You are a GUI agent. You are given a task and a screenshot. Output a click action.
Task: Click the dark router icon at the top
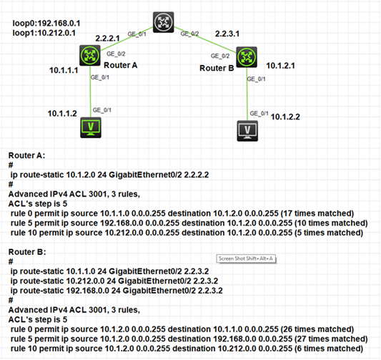(x=163, y=22)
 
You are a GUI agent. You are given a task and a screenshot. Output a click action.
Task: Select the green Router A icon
(x=90, y=55)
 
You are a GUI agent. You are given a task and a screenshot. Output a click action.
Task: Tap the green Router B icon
(x=247, y=57)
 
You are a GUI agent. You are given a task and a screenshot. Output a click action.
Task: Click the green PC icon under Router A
(x=91, y=127)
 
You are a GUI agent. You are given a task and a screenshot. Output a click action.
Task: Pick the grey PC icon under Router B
(x=247, y=131)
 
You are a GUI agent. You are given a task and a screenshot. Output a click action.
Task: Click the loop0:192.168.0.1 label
(x=46, y=24)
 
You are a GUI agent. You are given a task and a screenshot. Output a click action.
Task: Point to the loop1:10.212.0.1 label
(x=44, y=33)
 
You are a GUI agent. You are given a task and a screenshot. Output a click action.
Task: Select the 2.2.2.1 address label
(x=107, y=38)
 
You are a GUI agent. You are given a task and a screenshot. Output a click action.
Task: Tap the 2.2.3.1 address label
(x=227, y=34)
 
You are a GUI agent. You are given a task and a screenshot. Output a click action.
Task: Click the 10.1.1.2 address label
(x=62, y=113)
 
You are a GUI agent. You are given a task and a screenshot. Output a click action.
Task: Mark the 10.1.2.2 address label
(x=285, y=117)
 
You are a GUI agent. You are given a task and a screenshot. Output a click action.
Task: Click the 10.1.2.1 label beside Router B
(x=281, y=66)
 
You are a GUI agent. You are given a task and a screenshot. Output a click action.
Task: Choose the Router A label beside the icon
(x=121, y=65)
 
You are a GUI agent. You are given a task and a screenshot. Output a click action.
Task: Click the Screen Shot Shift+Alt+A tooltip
(x=246, y=258)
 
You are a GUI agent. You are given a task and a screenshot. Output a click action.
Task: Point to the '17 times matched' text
(x=317, y=213)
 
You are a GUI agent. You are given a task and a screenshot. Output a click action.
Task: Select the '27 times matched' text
(x=331, y=339)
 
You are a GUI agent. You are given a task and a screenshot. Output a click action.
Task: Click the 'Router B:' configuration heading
(x=27, y=252)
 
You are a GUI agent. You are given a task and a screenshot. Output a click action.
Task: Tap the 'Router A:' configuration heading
(x=26, y=155)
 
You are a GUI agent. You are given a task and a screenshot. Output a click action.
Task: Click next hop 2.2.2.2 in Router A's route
(x=197, y=175)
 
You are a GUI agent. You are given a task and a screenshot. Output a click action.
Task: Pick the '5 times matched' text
(x=329, y=233)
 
